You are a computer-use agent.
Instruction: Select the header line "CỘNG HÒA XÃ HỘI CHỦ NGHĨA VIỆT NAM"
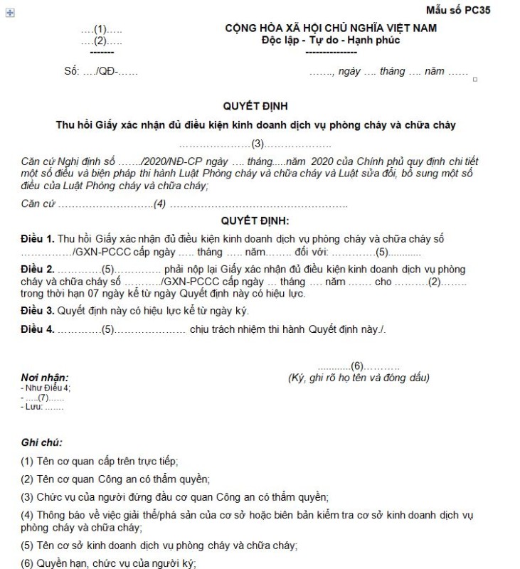click(331, 28)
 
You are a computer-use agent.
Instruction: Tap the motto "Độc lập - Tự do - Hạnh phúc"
click(331, 40)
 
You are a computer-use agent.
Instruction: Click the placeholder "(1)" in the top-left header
click(100, 29)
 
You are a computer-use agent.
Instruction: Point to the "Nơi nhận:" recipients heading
click(45, 377)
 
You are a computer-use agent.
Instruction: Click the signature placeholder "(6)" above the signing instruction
click(357, 366)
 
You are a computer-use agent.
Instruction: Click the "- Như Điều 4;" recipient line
click(46, 388)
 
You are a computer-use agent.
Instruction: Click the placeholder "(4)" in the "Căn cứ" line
click(160, 205)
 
